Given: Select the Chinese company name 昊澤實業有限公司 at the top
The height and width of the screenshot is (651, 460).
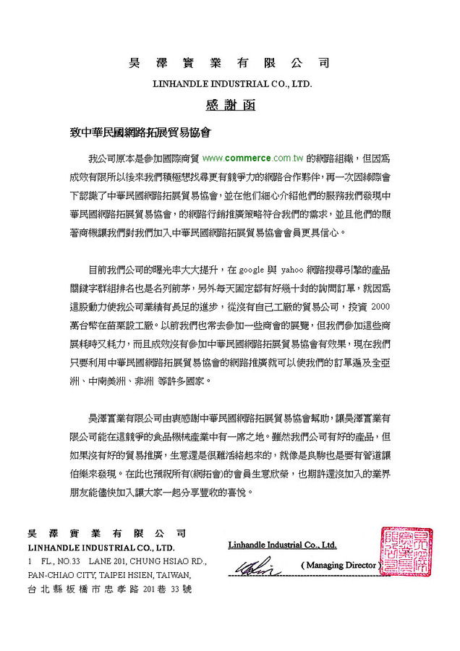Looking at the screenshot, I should point(229,64).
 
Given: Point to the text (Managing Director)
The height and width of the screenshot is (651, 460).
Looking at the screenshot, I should point(339,563).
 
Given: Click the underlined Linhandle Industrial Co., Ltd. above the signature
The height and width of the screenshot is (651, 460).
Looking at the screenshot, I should point(282,543).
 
